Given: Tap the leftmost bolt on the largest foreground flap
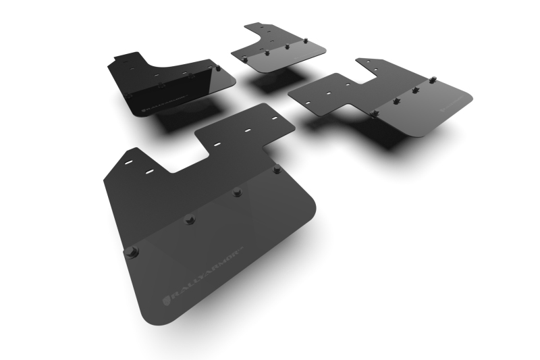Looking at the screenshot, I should click(130, 252).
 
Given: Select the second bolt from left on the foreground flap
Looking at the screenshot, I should click(190, 219).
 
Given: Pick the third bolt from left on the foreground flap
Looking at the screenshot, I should click(238, 192).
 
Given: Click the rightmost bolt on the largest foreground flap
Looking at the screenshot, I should click(277, 169).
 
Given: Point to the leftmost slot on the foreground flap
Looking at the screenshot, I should click(128, 162).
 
